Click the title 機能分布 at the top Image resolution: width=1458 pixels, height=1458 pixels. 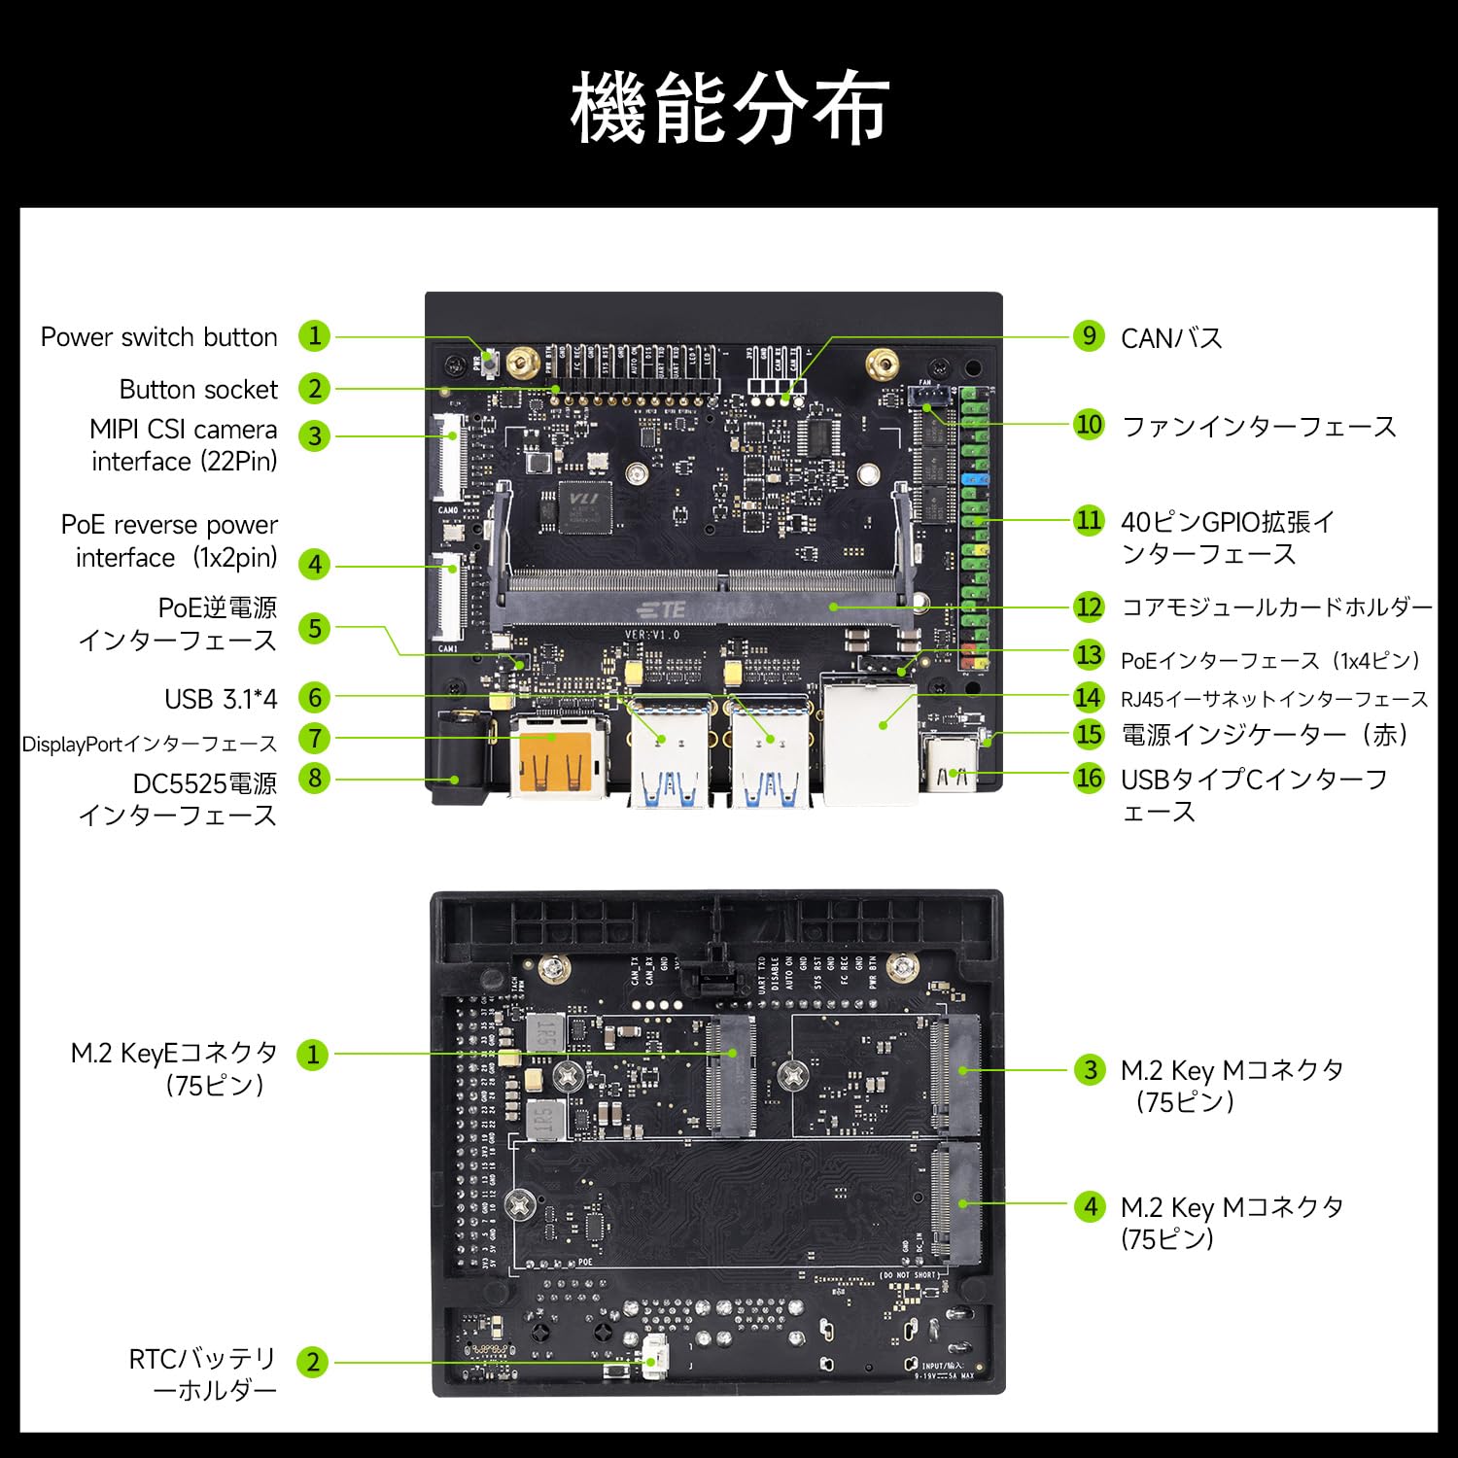coord(729,107)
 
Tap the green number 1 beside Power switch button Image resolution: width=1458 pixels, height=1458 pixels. coord(314,336)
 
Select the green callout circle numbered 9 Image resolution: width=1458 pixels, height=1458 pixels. coord(1089,336)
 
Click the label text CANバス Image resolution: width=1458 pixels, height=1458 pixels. coord(1171,338)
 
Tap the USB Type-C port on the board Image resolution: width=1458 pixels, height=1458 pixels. coord(952,768)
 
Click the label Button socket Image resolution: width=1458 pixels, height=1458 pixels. coord(198,390)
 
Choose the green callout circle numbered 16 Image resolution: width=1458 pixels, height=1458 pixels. coord(1089,778)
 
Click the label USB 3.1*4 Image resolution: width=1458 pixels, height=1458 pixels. coord(221,699)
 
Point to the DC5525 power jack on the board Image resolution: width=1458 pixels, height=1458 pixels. coord(461,758)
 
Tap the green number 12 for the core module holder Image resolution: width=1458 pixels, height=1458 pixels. coord(1089,607)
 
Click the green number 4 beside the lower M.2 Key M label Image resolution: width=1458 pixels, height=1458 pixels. coord(1090,1206)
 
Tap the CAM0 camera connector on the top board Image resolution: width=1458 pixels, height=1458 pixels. coord(449,457)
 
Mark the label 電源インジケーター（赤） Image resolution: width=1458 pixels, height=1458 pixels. coord(1265,735)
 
